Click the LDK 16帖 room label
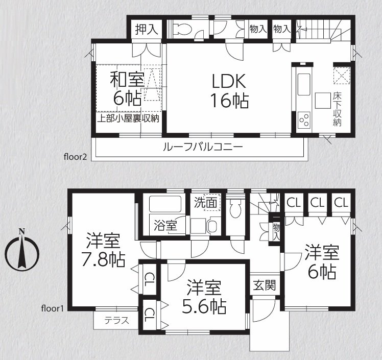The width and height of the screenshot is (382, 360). point(229,90)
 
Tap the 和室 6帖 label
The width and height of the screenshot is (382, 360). point(127,88)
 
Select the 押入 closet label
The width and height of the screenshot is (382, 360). point(147,30)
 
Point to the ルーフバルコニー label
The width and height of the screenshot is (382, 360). point(203,147)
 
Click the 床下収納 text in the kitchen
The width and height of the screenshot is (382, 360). point(337,109)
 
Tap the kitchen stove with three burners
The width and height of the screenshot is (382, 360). point(304,121)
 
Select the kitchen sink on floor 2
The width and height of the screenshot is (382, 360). point(304,85)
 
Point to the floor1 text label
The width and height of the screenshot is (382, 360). point(53,308)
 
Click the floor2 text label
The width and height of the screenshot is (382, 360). point(75,157)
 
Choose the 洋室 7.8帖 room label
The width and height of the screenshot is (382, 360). point(103,250)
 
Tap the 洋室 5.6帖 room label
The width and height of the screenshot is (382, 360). point(204,297)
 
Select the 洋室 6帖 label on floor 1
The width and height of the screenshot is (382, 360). point(322,262)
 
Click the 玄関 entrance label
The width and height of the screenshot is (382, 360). point(265,285)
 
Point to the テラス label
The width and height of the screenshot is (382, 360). point(117,320)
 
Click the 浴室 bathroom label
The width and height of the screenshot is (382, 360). point(165,226)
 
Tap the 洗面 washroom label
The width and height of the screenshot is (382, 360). point(206,202)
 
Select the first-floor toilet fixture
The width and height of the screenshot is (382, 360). point(235,207)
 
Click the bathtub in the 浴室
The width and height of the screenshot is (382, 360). point(165,204)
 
